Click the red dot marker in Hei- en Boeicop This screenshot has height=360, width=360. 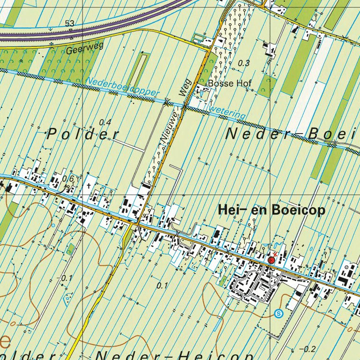tap(271, 260)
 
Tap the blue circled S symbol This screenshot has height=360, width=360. tap(280, 314)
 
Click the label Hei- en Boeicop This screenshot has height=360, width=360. tap(271, 211)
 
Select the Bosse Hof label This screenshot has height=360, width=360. tap(230, 83)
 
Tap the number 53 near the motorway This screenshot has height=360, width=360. tap(70, 23)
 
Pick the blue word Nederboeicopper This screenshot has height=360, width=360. tap(123, 87)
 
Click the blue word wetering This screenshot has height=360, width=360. tap(229, 112)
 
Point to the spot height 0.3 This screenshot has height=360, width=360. tap(244, 63)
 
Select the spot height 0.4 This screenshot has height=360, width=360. tap(105, 122)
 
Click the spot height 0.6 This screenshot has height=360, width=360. tap(68, 179)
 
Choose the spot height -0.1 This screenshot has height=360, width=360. tap(67, 278)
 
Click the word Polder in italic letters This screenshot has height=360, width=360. tap(83, 135)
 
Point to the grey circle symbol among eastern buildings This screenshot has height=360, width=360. tap(346, 267)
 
